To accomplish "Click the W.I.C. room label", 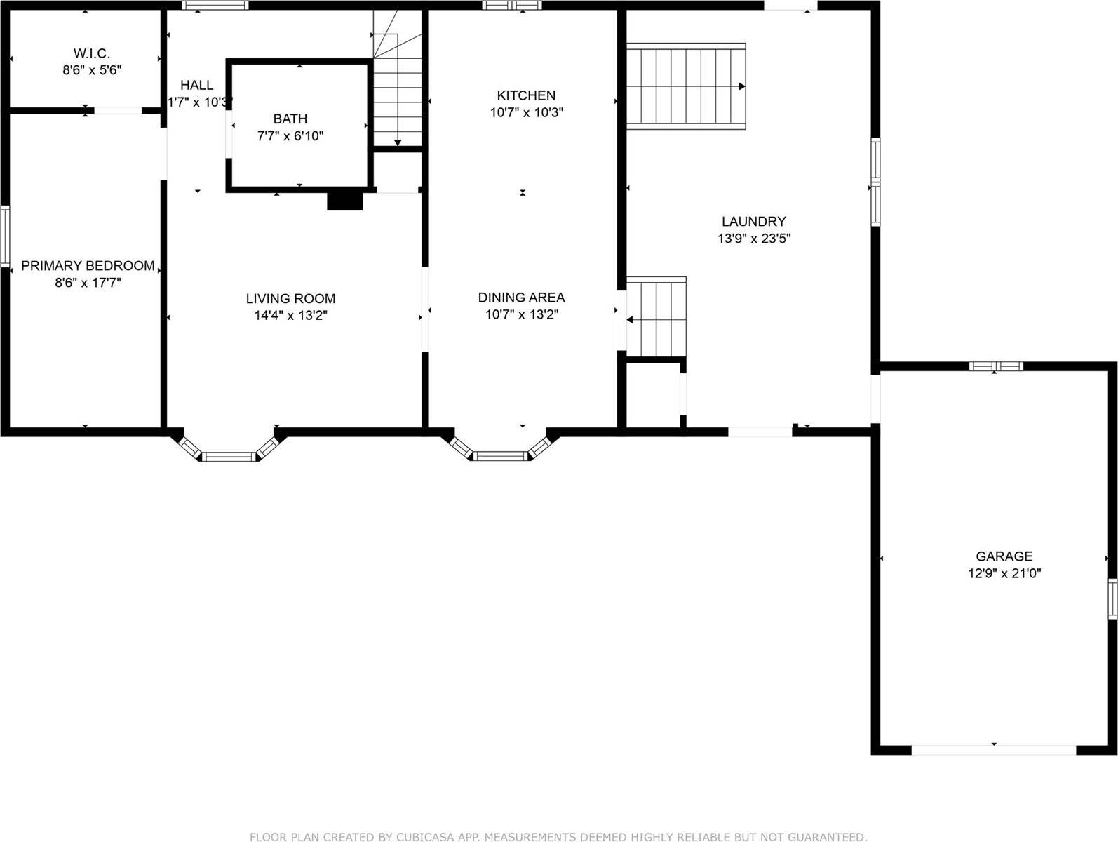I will [x=91, y=53].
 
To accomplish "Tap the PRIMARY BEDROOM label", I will [x=88, y=266].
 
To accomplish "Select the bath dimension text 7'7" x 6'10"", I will [x=290, y=136].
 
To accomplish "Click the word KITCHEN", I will [x=526, y=95].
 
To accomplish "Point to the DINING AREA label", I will [x=521, y=298].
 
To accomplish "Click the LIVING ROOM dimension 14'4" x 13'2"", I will [x=290, y=316].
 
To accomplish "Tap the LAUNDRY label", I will [x=753, y=222].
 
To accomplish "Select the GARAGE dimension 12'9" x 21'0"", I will [x=1004, y=573].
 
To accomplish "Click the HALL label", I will [x=196, y=85].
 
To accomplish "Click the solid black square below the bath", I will [x=344, y=200].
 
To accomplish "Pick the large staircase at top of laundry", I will [x=685, y=86].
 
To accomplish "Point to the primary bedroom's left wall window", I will [x=5, y=236].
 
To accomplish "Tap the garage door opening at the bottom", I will [x=993, y=749].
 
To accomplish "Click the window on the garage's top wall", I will [x=995, y=366].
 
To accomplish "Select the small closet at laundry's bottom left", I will [x=653, y=394].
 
